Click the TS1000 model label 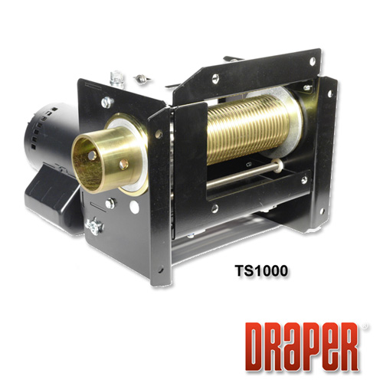point(261,270)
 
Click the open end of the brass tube point(84,164)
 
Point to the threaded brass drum point(251,128)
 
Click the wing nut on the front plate point(94,226)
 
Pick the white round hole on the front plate point(134,207)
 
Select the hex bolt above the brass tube point(107,102)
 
